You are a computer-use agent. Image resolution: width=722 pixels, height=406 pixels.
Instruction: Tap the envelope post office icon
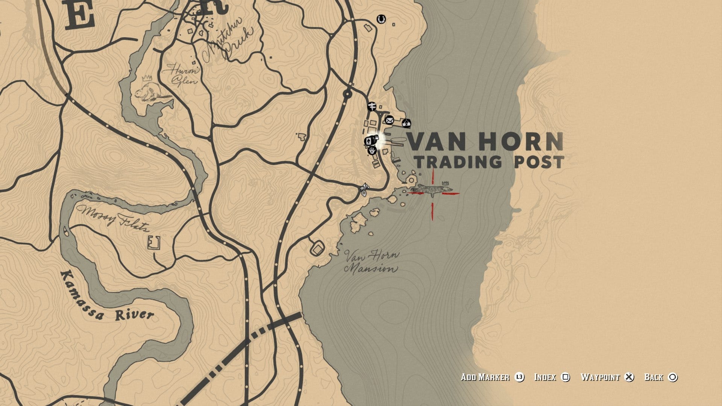coord(389,120)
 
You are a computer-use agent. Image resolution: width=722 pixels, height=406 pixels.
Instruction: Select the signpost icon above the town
coord(372,106)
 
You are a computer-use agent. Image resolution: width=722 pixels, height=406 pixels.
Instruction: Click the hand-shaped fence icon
coord(372,151)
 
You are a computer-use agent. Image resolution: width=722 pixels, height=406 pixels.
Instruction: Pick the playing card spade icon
coord(369,141)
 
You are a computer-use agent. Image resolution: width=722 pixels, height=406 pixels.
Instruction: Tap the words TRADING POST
coord(489,162)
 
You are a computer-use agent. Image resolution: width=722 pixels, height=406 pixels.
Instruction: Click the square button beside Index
coord(565,377)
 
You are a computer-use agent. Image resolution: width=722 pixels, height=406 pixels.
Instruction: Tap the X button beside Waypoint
coord(629,377)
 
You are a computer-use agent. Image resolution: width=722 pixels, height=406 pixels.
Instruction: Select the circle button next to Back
coord(673,377)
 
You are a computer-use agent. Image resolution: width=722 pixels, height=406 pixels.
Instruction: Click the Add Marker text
coord(485,377)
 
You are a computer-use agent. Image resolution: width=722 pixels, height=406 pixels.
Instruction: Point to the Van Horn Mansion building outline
coord(317,248)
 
